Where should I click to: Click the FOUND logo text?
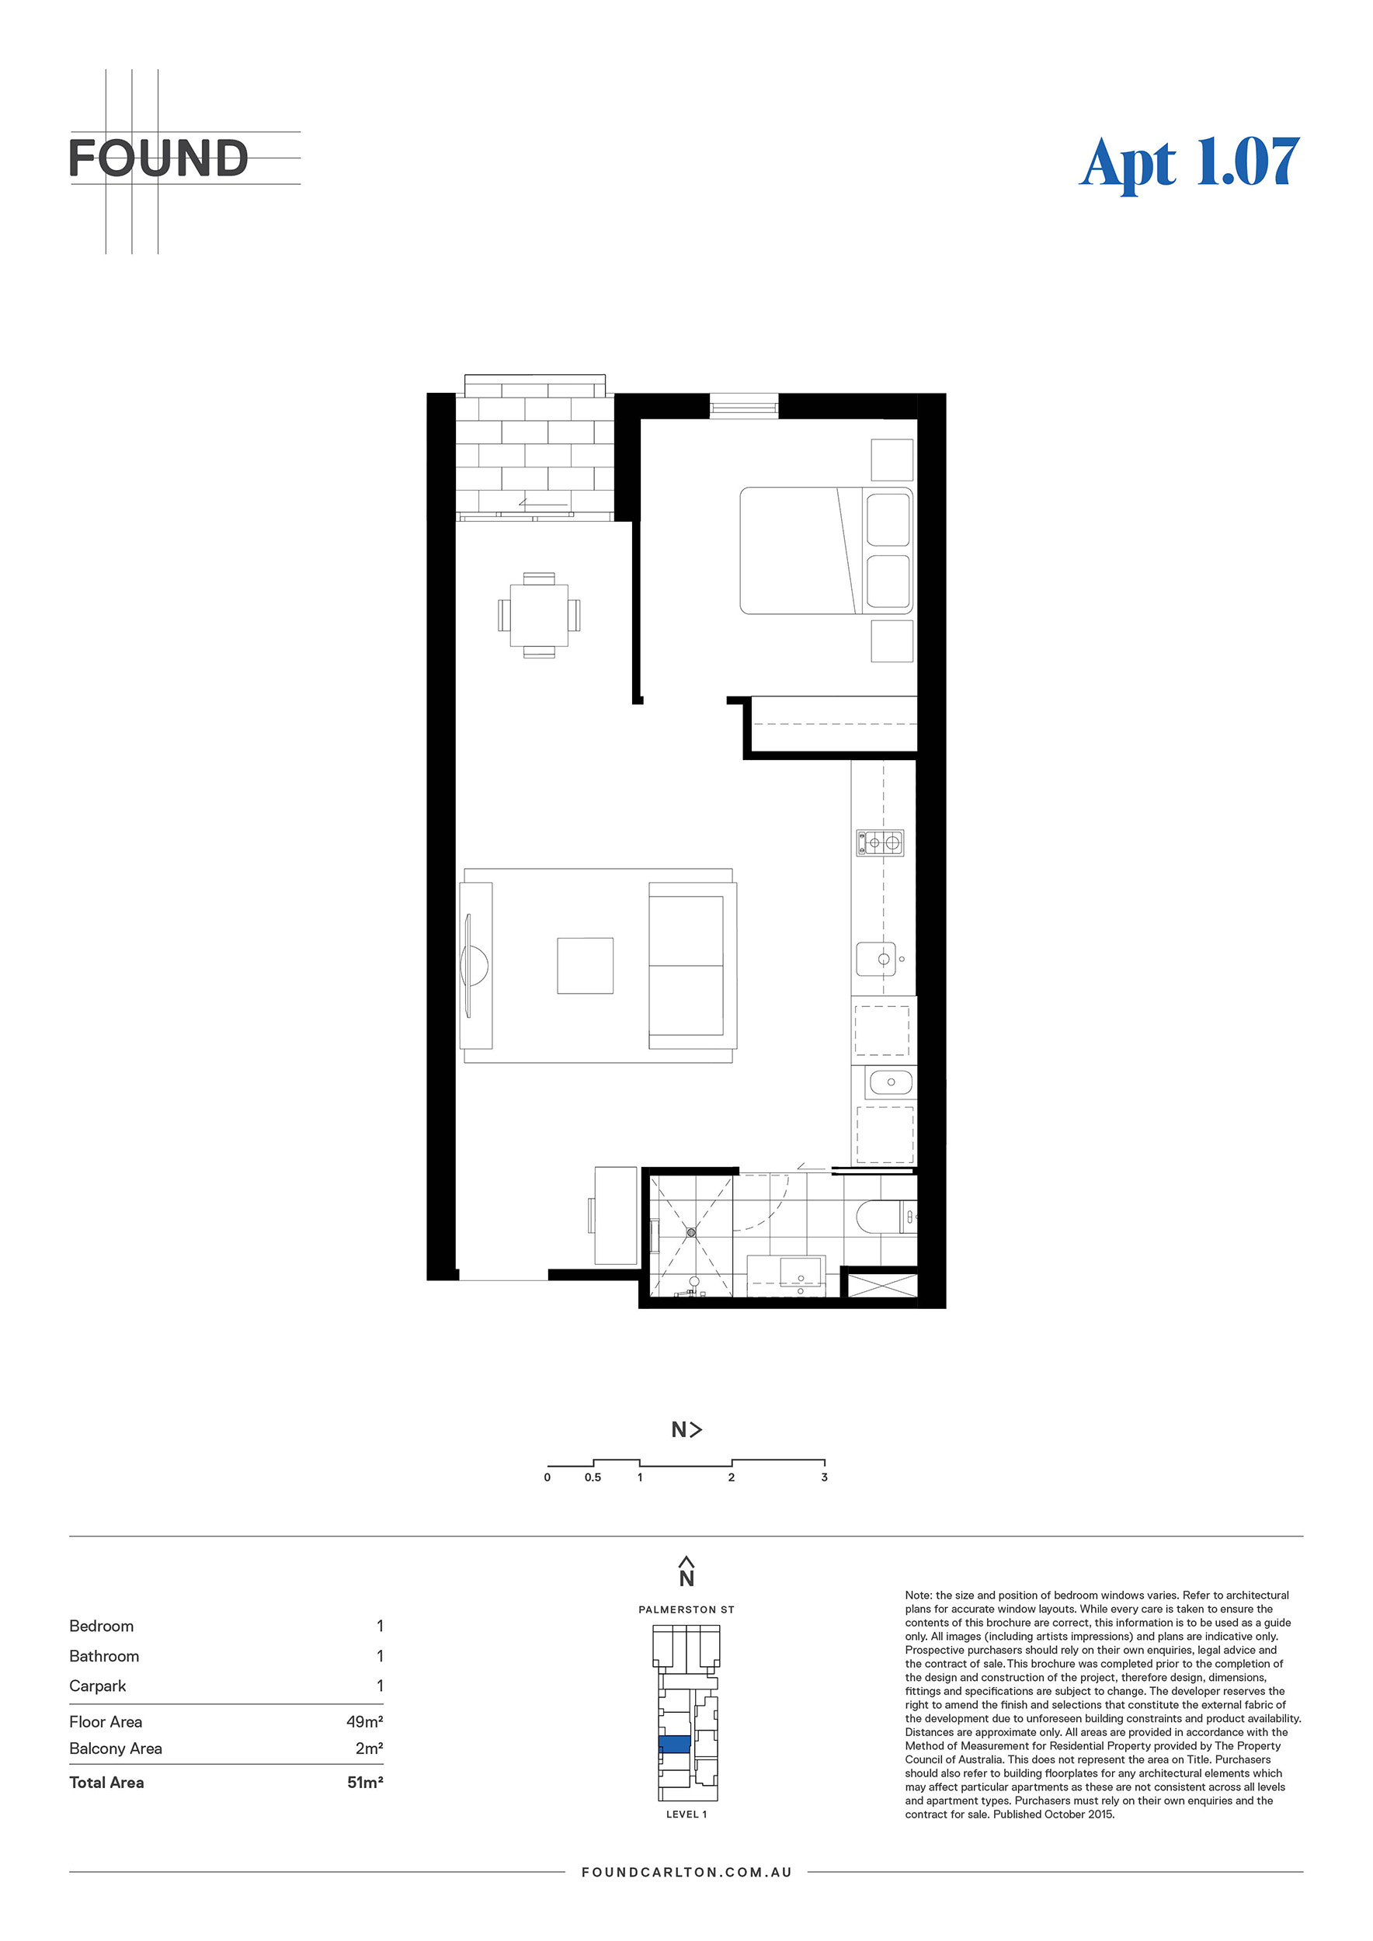point(158,159)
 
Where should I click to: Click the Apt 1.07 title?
point(1190,162)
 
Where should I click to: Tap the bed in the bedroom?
point(826,550)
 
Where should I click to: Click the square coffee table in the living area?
point(585,965)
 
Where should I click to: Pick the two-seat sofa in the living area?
point(693,965)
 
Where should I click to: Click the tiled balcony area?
point(534,447)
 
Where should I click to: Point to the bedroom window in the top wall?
point(743,407)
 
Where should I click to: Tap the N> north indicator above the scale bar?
point(686,1429)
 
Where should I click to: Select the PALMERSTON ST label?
point(686,1609)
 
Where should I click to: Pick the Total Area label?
point(106,1782)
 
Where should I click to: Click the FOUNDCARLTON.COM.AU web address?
point(686,1872)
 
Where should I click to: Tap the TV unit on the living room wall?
point(476,965)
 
